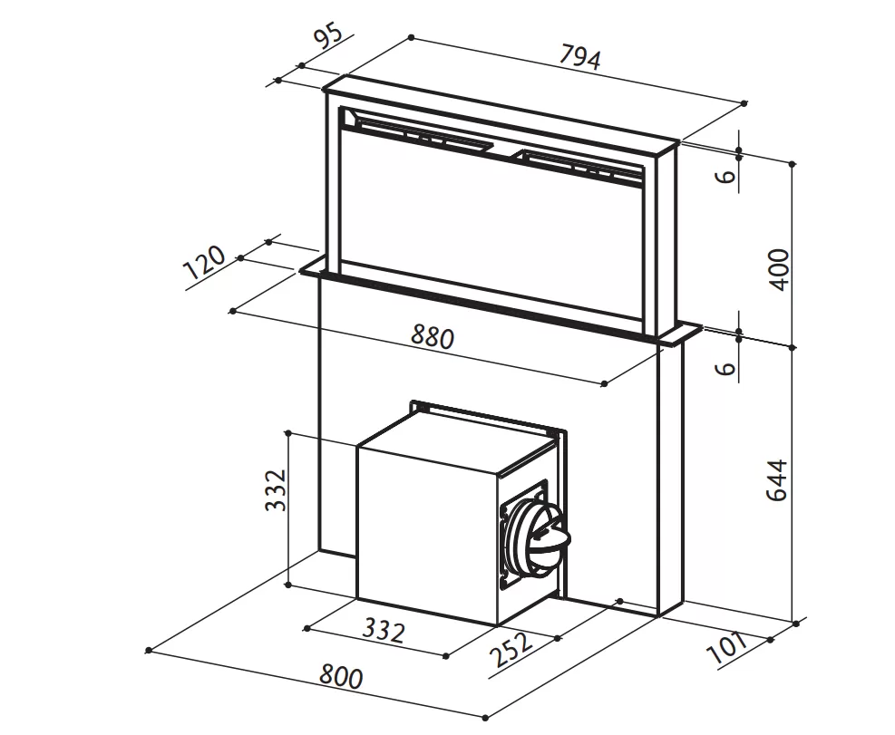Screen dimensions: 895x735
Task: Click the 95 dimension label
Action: tap(329, 34)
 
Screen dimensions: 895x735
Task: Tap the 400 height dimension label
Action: tap(779, 269)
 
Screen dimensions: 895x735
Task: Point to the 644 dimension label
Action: tap(777, 480)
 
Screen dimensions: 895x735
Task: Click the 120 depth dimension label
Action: tap(204, 263)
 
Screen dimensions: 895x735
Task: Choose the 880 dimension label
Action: tap(433, 337)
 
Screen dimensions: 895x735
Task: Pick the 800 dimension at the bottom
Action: tap(341, 676)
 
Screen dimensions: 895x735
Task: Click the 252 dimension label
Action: tap(511, 649)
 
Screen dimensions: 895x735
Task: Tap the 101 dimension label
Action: tap(727, 647)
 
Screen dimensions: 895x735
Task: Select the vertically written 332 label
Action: tap(277, 489)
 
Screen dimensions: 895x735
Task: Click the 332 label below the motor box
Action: tap(384, 630)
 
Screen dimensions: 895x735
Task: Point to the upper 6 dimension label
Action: tap(725, 176)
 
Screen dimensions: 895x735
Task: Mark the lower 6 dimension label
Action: tap(725, 368)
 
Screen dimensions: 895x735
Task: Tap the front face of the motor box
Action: tap(428, 536)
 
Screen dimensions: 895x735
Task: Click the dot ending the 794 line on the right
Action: tap(744, 103)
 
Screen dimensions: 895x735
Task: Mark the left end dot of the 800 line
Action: tap(149, 650)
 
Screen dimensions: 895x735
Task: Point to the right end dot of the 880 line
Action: tap(605, 383)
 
